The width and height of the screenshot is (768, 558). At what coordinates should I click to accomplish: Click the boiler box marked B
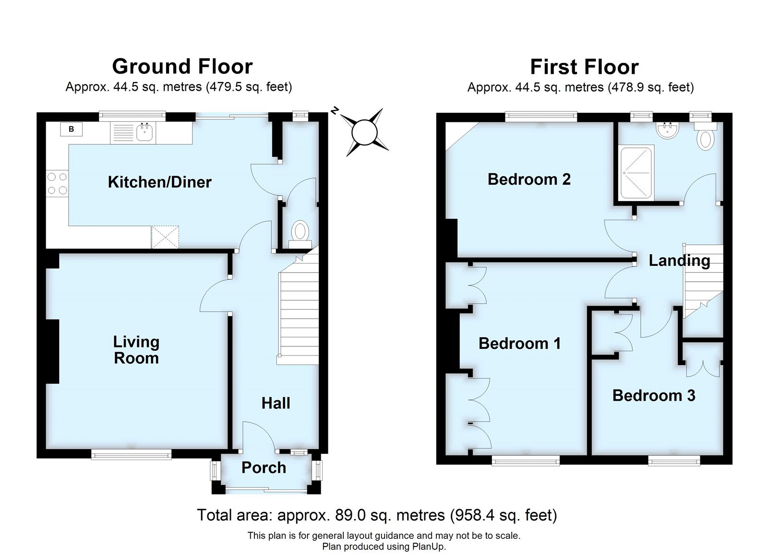coord(72,129)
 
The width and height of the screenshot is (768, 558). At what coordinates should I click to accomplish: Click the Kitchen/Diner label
coord(159,182)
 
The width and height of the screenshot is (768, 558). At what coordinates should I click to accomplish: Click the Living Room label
coord(136,350)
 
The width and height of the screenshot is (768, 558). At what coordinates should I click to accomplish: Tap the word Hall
coord(276,404)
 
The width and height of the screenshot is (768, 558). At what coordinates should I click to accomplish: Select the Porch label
coord(264,468)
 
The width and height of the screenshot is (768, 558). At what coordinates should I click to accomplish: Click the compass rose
coord(364,132)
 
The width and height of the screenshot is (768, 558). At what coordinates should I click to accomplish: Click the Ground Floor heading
coord(182,66)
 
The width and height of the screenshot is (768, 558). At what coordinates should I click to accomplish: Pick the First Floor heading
coord(584,67)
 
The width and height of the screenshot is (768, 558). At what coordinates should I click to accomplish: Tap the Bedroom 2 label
coord(529,179)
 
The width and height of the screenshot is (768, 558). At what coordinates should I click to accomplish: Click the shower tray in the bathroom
coord(636,173)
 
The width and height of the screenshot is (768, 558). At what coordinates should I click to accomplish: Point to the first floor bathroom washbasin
coord(666,131)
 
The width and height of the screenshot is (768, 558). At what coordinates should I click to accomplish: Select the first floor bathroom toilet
coord(707,137)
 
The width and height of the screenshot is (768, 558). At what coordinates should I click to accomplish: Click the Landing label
coord(679,261)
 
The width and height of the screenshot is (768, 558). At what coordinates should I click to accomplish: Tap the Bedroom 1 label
coord(519,344)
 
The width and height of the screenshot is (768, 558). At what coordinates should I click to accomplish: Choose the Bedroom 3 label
coord(654,396)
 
